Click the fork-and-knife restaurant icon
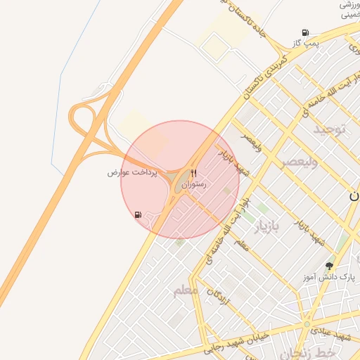(193, 173)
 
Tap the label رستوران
(193, 184)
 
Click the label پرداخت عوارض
(135, 172)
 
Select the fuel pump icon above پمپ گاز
(305, 32)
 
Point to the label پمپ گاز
(307, 44)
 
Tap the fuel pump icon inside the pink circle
(137, 214)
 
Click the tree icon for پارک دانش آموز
(329, 266)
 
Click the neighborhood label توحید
(330, 129)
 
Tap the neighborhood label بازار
(266, 226)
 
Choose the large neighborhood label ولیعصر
(300, 162)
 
